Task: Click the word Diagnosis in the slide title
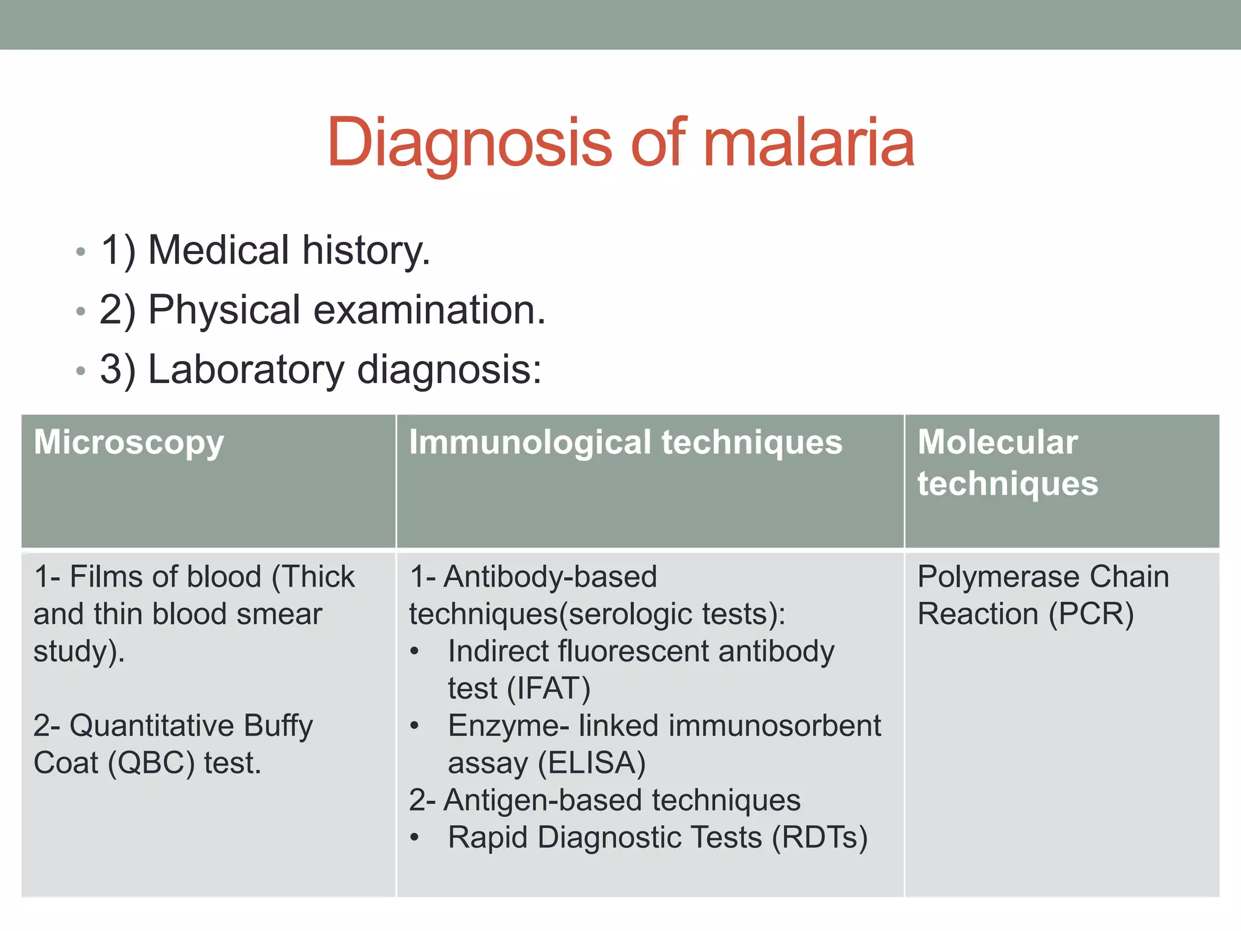click(470, 143)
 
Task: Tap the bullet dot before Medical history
click(81, 252)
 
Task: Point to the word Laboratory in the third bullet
click(246, 370)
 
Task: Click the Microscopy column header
click(128, 442)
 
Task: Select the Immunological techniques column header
click(625, 442)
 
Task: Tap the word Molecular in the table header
click(997, 442)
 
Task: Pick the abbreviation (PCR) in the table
click(1091, 614)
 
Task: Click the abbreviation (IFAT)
click(549, 689)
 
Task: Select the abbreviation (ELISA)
click(592, 763)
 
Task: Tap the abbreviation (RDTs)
click(819, 838)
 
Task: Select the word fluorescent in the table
click(633, 652)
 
